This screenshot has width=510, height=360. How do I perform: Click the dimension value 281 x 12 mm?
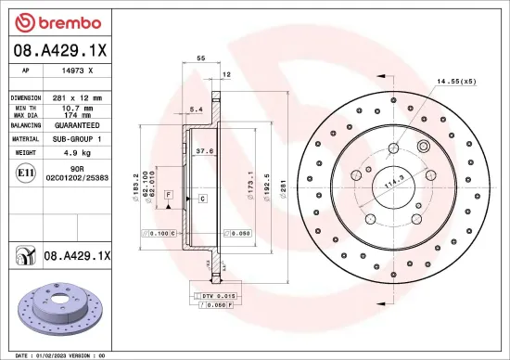pyautogui.click(x=76, y=97)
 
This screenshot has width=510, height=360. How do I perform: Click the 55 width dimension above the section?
pyautogui.click(x=200, y=58)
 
